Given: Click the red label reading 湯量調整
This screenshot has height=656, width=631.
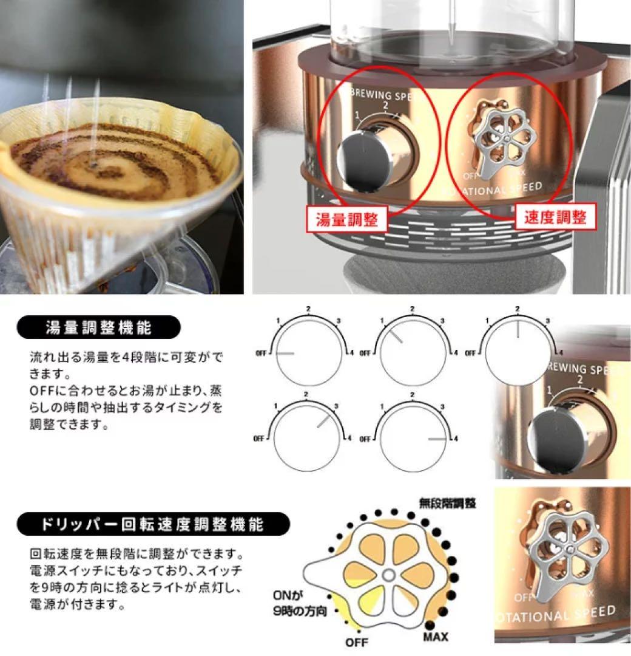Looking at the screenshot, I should coord(346,219).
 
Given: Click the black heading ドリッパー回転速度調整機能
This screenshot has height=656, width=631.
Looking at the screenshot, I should coord(153,523).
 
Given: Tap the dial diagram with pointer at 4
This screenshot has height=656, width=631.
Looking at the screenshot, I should coord(412,438).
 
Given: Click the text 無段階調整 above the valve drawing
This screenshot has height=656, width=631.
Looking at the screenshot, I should coord(448,504).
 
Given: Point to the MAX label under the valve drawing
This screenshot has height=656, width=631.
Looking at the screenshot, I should coord(436,637).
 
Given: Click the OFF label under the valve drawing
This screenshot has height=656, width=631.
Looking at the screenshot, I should coord(357,642).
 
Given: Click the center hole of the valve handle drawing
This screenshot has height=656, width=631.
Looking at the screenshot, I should coord(388,575).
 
